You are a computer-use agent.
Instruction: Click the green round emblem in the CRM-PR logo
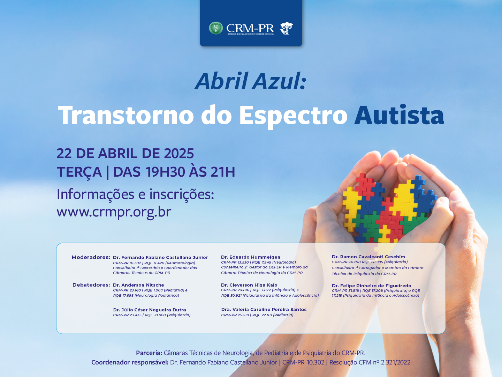pyautogui.click(x=216, y=28)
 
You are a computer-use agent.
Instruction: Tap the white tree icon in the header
pyautogui.click(x=286, y=28)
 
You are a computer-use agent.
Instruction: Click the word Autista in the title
pyautogui.click(x=399, y=115)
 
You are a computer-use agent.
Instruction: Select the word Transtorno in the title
pyautogui.click(x=125, y=115)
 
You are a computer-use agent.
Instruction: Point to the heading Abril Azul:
pyautogui.click(x=251, y=81)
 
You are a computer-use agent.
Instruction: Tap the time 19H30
pyautogui.click(x=165, y=172)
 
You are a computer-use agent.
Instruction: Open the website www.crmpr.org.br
pyautogui.click(x=114, y=212)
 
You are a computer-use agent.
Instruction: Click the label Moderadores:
pyautogui.click(x=91, y=257)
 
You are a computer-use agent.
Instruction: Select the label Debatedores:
pyautogui.click(x=91, y=285)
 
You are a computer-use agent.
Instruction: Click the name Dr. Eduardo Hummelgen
pyautogui.click(x=251, y=257)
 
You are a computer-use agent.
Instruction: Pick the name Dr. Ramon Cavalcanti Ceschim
pyautogui.click(x=368, y=257)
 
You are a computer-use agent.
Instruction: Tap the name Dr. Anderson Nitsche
pyautogui.click(x=139, y=285)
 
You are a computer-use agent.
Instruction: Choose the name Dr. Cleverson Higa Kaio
pyautogui.click(x=249, y=285)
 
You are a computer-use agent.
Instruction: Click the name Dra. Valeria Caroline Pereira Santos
pyautogui.click(x=264, y=310)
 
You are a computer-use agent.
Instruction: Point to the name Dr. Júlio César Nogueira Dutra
pyautogui.click(x=150, y=310)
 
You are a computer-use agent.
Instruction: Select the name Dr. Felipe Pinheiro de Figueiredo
pyautogui.click(x=372, y=286)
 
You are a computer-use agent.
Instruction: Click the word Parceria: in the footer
pyautogui.click(x=149, y=353)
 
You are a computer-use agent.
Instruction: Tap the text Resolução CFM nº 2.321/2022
pyautogui.click(x=370, y=362)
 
